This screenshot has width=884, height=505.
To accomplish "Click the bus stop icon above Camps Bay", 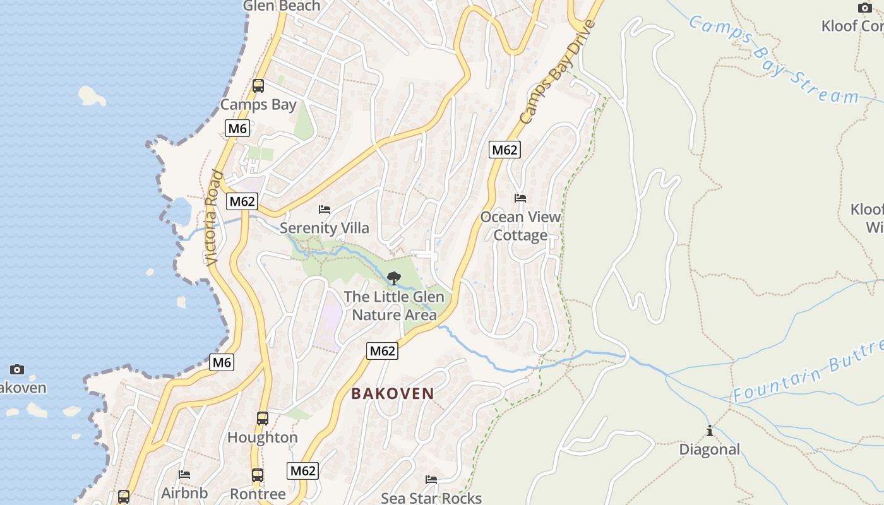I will tap(258, 86).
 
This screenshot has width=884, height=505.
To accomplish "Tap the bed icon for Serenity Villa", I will tap(325, 209).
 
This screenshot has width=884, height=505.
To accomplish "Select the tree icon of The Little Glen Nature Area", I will tap(394, 278).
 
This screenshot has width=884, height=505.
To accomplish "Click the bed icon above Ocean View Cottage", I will tap(520, 198).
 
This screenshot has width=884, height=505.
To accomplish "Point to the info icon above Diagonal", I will tap(710, 431).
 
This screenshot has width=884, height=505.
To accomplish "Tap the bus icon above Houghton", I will tap(262, 418).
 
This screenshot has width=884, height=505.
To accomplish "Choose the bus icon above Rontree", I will tap(258, 475).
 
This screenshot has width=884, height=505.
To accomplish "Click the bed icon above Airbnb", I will tap(184, 474).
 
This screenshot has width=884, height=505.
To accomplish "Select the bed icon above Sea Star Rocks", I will tap(431, 480).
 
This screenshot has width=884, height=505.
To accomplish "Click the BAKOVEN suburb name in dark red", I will tap(393, 394).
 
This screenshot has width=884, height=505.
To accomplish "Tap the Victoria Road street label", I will tap(213, 218).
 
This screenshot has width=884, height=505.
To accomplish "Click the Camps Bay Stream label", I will tap(773, 60).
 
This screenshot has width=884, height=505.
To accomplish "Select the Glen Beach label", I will tap(282, 6).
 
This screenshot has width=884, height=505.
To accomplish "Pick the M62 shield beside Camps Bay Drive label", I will tap(505, 150).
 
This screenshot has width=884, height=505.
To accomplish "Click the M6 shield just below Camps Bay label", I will tap(237, 129).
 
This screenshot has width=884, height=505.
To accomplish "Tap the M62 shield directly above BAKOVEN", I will tap(383, 351).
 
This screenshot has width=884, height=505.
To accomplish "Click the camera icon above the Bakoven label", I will tap(17, 369).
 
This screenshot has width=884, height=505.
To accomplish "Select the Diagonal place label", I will tap(709, 449).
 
